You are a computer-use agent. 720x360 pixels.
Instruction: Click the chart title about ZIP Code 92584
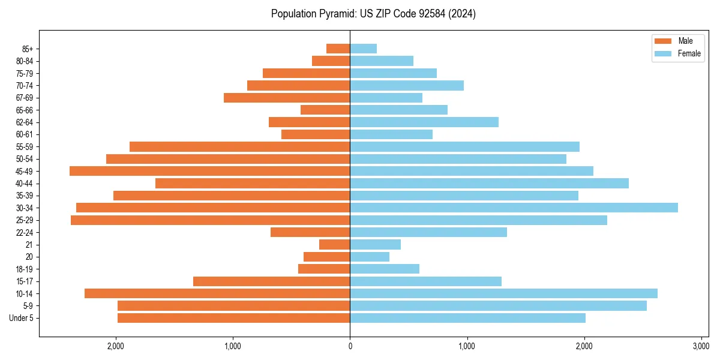pyautogui.click(x=373, y=14)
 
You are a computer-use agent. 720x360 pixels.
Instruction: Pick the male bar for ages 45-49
pyautogui.click(x=209, y=171)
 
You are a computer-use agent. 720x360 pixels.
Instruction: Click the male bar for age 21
pyautogui.click(x=334, y=244)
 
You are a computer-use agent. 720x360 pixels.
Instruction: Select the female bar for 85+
pyautogui.click(x=363, y=49)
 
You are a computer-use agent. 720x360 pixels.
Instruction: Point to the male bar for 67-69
pyautogui.click(x=287, y=98)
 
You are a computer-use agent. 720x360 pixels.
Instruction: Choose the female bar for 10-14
pyautogui.click(x=503, y=293)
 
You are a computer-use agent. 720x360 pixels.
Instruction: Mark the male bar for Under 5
pyautogui.click(x=233, y=318)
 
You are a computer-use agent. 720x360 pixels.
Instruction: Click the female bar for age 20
pyautogui.click(x=370, y=257)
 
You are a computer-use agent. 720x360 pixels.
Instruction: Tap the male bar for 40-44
pyautogui.click(x=253, y=183)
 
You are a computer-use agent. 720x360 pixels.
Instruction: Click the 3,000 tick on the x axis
pyautogui.click(x=701, y=346)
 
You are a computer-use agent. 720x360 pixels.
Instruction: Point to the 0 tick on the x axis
pyautogui.click(x=350, y=346)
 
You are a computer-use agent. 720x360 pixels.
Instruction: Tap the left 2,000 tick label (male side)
pyautogui.click(x=115, y=346)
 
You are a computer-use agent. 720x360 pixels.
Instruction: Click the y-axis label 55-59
pyautogui.click(x=25, y=146)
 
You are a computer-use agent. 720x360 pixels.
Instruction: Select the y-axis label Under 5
pyautogui.click(x=22, y=318)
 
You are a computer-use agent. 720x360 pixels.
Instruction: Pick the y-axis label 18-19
pyautogui.click(x=25, y=269)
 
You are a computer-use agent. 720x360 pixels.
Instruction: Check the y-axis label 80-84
pyautogui.click(x=25, y=61)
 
